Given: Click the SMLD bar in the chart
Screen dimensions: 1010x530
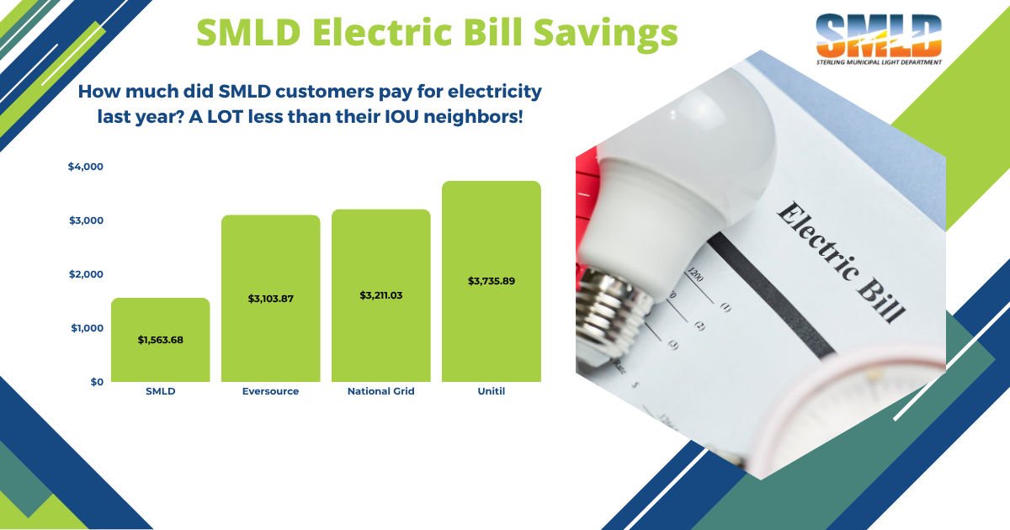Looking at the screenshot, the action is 161,340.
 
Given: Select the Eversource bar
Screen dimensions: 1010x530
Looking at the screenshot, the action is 270,299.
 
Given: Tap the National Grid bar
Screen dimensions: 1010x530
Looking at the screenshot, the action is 381,295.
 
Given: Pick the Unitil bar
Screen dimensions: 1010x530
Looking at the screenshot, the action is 492,281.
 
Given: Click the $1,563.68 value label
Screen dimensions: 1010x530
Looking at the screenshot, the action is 161,340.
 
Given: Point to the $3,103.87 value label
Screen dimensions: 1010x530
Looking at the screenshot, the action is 270,299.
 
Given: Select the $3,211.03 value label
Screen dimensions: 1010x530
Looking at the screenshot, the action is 381,295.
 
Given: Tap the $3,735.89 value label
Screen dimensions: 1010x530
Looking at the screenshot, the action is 492,281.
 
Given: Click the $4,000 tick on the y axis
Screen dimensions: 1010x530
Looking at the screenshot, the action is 86,167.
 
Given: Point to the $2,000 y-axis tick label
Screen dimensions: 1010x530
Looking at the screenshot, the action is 86,274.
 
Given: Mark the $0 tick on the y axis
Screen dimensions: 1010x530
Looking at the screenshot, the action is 97,382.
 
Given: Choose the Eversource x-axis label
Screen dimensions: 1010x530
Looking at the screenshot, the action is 270,391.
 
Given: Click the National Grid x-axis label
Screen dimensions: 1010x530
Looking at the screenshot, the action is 381,391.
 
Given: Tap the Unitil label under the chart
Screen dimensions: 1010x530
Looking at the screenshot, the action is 492,391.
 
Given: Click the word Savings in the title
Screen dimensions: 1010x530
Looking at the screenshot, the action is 606,34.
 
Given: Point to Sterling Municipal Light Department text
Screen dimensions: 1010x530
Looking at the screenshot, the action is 879,62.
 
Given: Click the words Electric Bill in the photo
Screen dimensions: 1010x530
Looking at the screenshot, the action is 842,262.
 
